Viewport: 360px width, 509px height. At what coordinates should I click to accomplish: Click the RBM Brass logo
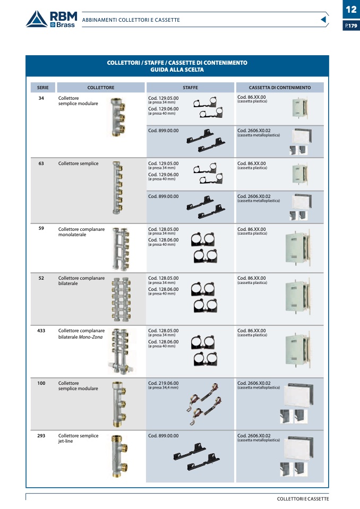tap(51, 19)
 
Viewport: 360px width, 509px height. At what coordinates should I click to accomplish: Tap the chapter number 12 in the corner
tap(351, 10)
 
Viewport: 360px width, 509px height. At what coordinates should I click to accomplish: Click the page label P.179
tap(351, 25)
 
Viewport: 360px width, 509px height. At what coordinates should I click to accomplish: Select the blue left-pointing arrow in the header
tap(324, 20)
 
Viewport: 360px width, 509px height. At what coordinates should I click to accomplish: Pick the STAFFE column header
tap(190, 88)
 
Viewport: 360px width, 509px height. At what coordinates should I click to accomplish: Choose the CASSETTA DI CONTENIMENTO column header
tap(280, 88)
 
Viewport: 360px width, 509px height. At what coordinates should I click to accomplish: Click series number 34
tap(41, 98)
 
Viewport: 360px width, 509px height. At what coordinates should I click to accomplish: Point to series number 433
tap(41, 331)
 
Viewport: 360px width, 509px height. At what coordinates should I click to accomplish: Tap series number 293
tap(41, 436)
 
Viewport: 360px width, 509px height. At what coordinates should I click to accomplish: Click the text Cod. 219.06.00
tap(163, 383)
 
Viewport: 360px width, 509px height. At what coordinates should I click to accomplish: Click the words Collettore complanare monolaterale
tap(81, 232)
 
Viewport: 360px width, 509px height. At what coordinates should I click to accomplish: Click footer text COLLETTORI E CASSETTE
tap(303, 499)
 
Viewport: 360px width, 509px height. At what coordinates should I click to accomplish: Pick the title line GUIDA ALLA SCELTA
tap(177, 70)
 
